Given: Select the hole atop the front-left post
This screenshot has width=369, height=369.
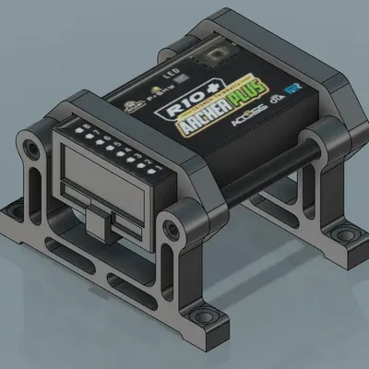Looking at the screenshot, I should point(34,147).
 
